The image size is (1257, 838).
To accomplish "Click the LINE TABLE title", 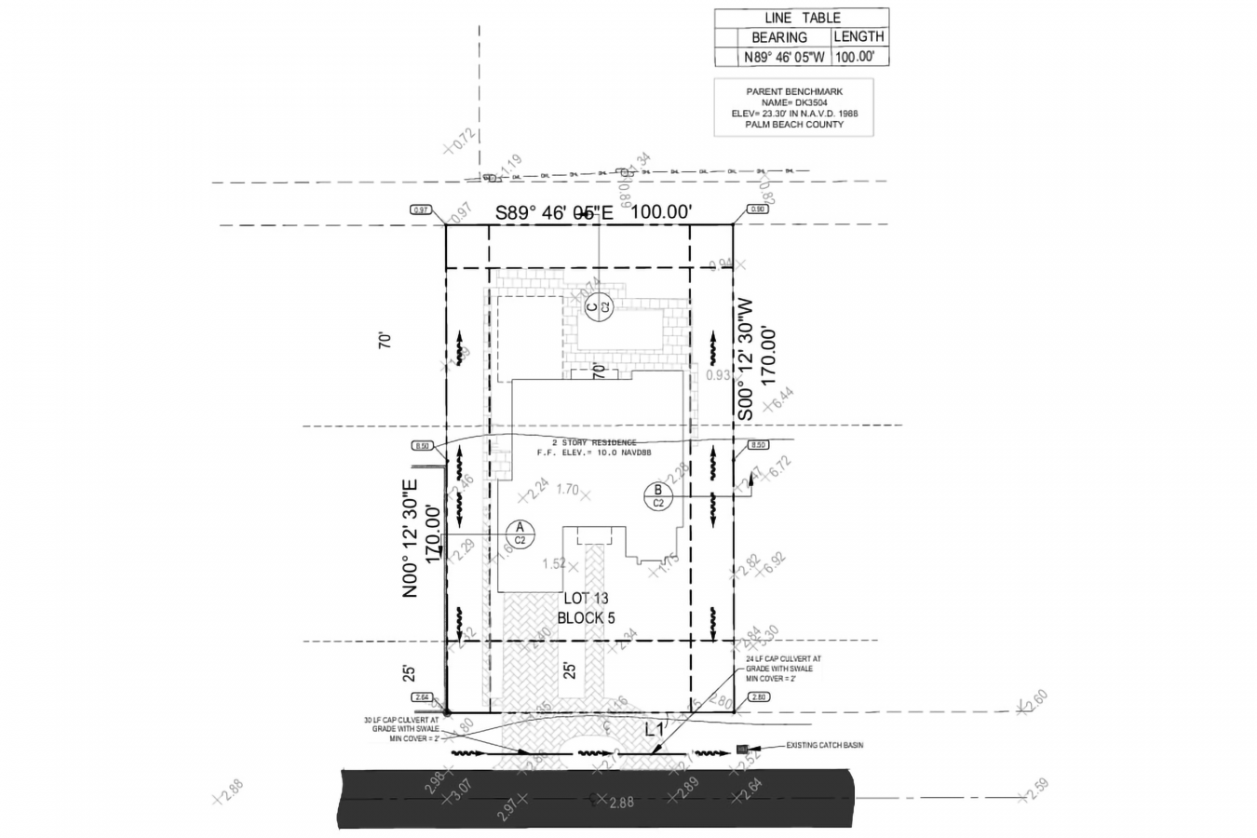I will click(802, 18).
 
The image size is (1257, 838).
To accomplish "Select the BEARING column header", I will click(778, 37).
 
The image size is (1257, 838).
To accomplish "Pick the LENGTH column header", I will click(858, 36).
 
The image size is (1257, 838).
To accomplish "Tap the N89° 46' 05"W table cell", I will click(784, 57).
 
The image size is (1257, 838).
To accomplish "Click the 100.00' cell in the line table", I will click(858, 57).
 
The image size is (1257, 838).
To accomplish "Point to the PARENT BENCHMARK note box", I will click(793, 108).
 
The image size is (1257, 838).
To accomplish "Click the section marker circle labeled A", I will click(520, 534).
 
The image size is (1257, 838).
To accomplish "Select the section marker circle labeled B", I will click(657, 496).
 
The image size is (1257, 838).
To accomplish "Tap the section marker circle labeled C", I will click(597, 305).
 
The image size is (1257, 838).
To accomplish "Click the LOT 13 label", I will click(586, 599).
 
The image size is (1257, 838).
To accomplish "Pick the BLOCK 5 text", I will click(586, 617).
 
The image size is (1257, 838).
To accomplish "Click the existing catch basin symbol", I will click(742, 749).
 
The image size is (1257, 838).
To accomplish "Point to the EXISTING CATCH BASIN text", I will click(824, 746).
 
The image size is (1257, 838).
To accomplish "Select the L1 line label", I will click(655, 731).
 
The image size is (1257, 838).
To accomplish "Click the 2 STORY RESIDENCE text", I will click(594, 443).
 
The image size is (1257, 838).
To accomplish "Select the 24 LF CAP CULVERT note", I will click(782, 669).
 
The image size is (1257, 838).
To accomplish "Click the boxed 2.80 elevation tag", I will click(757, 697).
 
